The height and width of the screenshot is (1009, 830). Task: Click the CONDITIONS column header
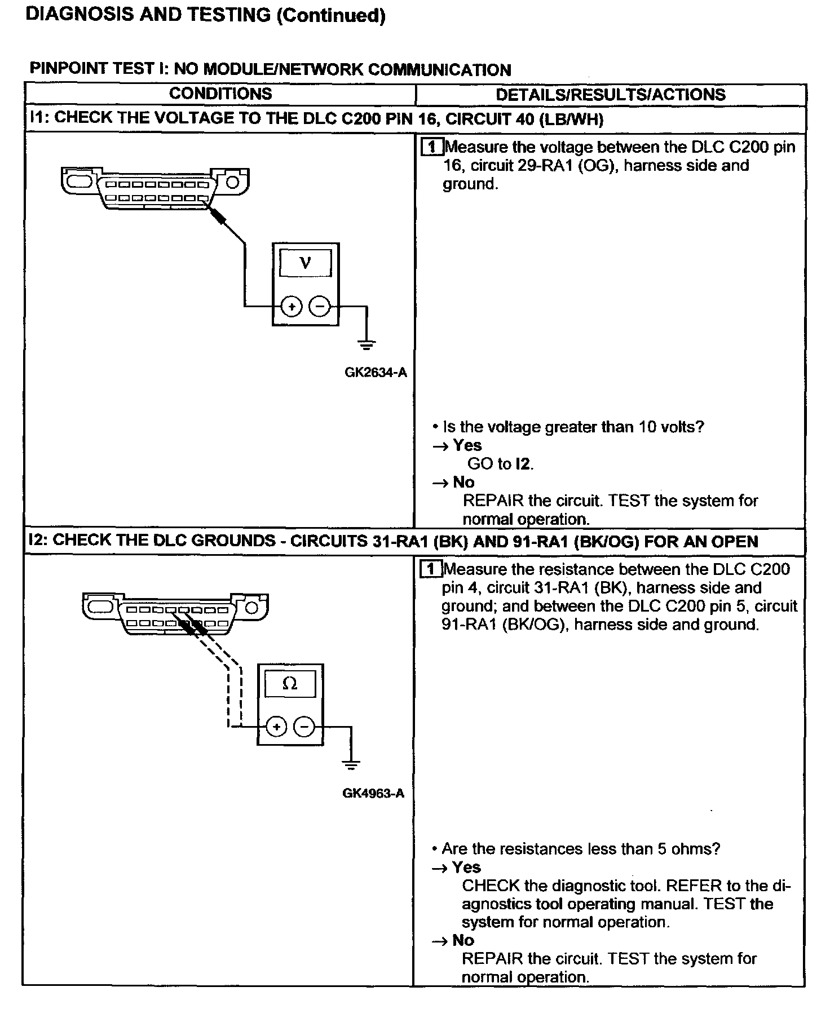pos(220,94)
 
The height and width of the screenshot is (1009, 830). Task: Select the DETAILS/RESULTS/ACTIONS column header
pos(611,94)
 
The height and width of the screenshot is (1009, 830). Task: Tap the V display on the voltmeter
pos(306,262)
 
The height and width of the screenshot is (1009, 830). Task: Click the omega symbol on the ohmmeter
pos(290,684)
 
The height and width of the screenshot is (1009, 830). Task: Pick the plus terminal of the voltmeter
pos(292,307)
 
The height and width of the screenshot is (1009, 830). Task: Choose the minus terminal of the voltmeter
pos(320,307)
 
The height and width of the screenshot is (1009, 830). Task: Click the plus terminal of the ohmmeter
pos(276,727)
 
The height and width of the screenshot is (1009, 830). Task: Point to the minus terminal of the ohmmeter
pos(304,727)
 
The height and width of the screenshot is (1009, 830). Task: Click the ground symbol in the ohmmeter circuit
pos(351,764)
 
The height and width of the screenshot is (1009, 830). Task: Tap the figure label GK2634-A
pos(376,373)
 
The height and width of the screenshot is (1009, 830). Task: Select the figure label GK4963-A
pos(373,793)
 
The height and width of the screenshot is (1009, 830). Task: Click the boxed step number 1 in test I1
pos(432,148)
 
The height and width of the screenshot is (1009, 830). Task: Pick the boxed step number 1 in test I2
pos(431,569)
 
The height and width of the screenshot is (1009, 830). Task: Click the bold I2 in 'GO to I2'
pos(523,464)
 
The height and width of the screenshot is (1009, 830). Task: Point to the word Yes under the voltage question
pos(467,445)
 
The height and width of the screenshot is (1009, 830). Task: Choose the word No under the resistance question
pos(463,940)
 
